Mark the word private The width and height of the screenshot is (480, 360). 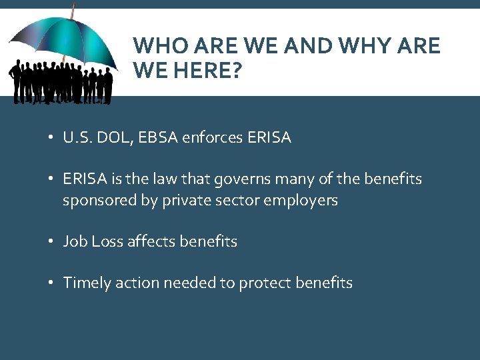[187, 200]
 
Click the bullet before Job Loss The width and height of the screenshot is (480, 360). [51, 242]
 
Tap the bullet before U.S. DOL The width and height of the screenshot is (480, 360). [51, 139]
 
